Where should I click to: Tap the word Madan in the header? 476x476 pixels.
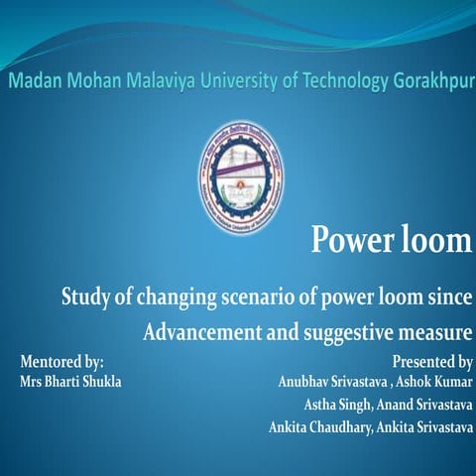39,79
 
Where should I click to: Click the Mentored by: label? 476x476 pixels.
62,362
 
